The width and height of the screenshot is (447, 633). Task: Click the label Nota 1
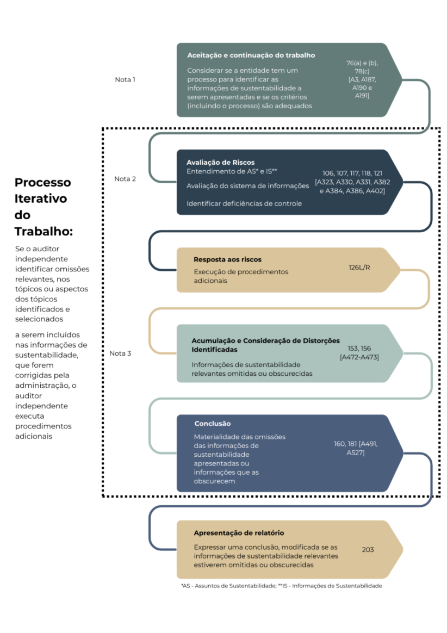125,79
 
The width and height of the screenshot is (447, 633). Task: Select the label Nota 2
125,179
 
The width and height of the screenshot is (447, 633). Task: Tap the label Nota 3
120,353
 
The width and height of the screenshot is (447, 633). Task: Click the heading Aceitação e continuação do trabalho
251,55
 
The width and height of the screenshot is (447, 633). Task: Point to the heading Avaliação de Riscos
220,162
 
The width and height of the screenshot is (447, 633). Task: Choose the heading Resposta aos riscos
227,259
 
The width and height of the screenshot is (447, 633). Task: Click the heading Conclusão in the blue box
213,424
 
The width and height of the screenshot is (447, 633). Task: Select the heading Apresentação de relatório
239,533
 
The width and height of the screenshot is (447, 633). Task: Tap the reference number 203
368,549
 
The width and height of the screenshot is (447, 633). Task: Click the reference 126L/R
359,267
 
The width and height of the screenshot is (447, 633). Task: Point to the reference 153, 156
359,349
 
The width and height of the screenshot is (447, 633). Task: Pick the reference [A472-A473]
359,357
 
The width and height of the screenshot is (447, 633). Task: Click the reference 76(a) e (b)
362,63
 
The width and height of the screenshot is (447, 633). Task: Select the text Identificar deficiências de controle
244,203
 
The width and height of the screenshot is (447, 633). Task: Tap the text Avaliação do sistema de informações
248,185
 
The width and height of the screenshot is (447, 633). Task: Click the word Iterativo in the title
41,198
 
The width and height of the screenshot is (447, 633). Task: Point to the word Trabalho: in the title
44,231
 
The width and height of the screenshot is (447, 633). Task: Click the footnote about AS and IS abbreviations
282,586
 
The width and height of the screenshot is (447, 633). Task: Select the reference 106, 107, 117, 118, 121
352,173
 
